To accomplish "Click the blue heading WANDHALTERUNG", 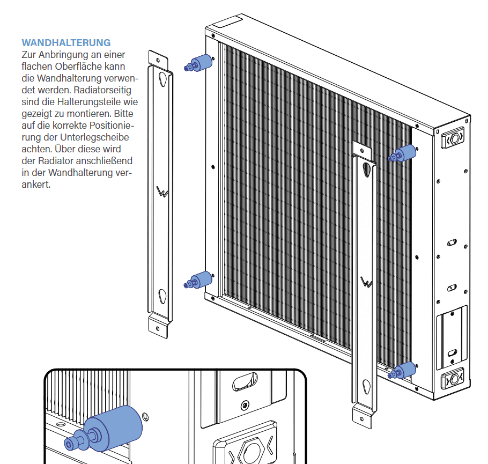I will click(x=66, y=42).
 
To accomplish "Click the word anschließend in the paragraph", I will click(x=105, y=160).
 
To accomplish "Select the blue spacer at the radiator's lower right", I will click(x=405, y=370).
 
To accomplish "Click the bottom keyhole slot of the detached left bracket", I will click(x=162, y=296).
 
